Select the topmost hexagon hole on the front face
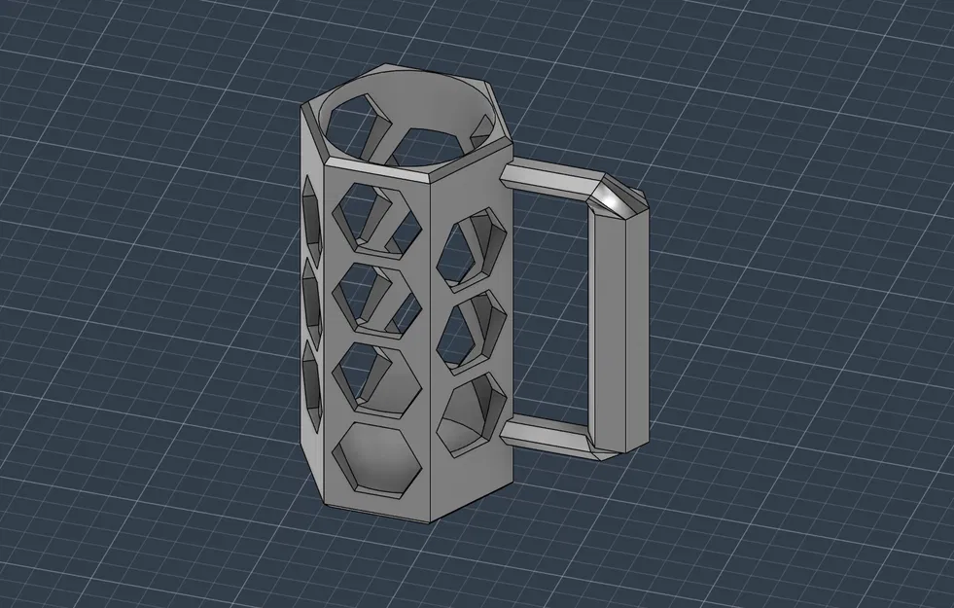point(373,216)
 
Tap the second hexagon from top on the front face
point(373,297)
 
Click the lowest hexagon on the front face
point(376,458)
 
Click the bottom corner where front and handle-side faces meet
point(432,519)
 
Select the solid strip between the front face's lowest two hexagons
point(376,418)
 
